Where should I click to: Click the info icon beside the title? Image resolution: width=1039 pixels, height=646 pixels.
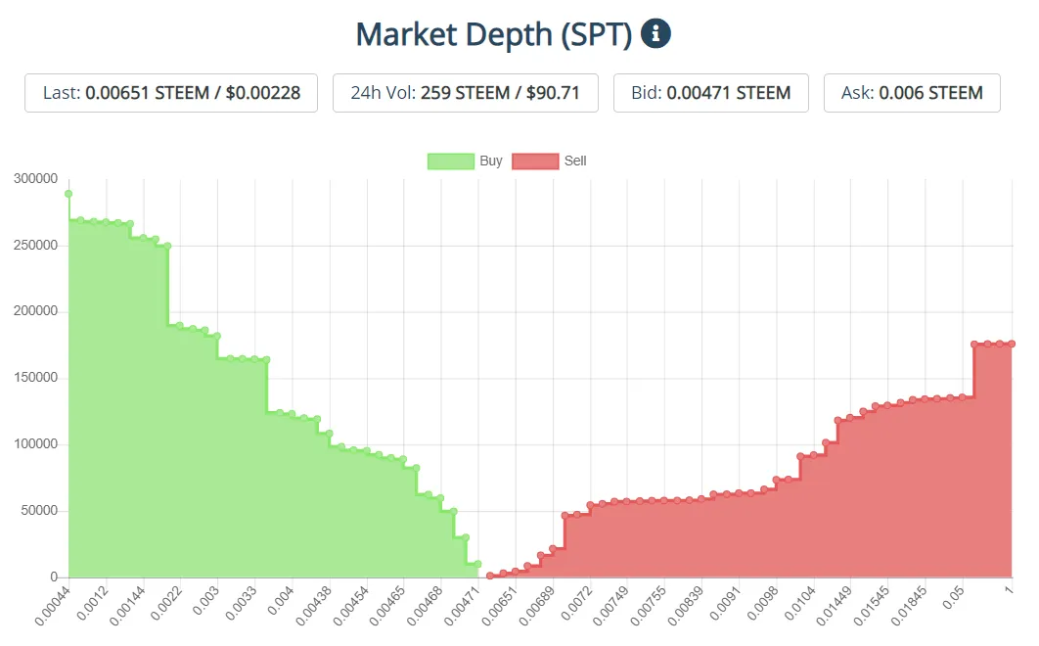[655, 34]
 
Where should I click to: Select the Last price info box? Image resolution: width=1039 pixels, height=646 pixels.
[171, 93]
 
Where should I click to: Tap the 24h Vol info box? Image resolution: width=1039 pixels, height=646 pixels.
[466, 93]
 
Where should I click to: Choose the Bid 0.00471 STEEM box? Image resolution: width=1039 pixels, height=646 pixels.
[711, 93]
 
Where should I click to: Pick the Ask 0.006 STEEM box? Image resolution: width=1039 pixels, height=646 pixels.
[912, 93]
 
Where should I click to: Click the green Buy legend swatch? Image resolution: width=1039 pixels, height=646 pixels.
[450, 161]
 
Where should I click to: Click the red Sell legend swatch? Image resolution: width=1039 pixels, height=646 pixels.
[535, 161]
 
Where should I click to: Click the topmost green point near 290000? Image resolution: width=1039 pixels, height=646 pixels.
[68, 194]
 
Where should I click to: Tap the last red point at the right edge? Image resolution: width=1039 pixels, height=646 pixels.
[1012, 344]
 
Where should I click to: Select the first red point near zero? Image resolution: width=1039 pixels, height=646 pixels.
[490, 576]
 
